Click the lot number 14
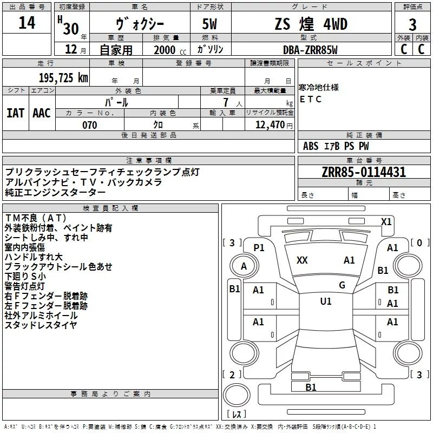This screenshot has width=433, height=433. pos(27,23)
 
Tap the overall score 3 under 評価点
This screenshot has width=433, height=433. pos(412,25)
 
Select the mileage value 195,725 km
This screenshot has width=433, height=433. pos(63,78)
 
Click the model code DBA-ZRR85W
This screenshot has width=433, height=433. pos(310,50)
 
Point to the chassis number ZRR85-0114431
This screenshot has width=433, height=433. pos(364,172)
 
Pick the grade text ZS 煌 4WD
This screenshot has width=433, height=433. pos(311,24)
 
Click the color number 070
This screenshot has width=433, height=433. pos(89,125)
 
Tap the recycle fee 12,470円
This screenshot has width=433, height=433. pos(274,125)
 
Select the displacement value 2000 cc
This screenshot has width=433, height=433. pos(170,50)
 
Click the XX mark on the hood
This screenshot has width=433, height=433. pos(302,260)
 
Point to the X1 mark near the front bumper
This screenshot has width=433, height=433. pos(386,222)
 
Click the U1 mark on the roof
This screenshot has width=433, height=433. pos(326,301)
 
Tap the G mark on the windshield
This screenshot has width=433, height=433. pos(342,285)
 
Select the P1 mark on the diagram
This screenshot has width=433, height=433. pos(259,248)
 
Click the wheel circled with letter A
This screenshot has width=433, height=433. pos(244,266)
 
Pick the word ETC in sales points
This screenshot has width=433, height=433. pos(310,99)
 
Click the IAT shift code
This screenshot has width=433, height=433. pos(15,113)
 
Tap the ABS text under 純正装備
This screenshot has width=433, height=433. pos(311,146)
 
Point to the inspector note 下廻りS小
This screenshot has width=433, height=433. pos(25,277)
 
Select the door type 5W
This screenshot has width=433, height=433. pos(209,24)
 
